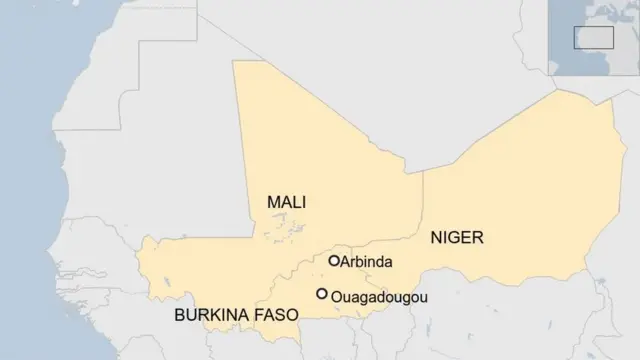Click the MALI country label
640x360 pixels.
coord(286,202)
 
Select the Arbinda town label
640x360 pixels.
coord(366,262)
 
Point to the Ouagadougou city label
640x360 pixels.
coord(371,296)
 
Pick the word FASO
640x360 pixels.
coord(277,314)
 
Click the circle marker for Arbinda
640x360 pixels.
coord(334,261)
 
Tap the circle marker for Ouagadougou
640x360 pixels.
coord(322,294)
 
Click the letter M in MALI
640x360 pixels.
coord(273,202)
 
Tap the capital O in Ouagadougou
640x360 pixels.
coord(336,296)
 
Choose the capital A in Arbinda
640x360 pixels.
coord(345,262)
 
